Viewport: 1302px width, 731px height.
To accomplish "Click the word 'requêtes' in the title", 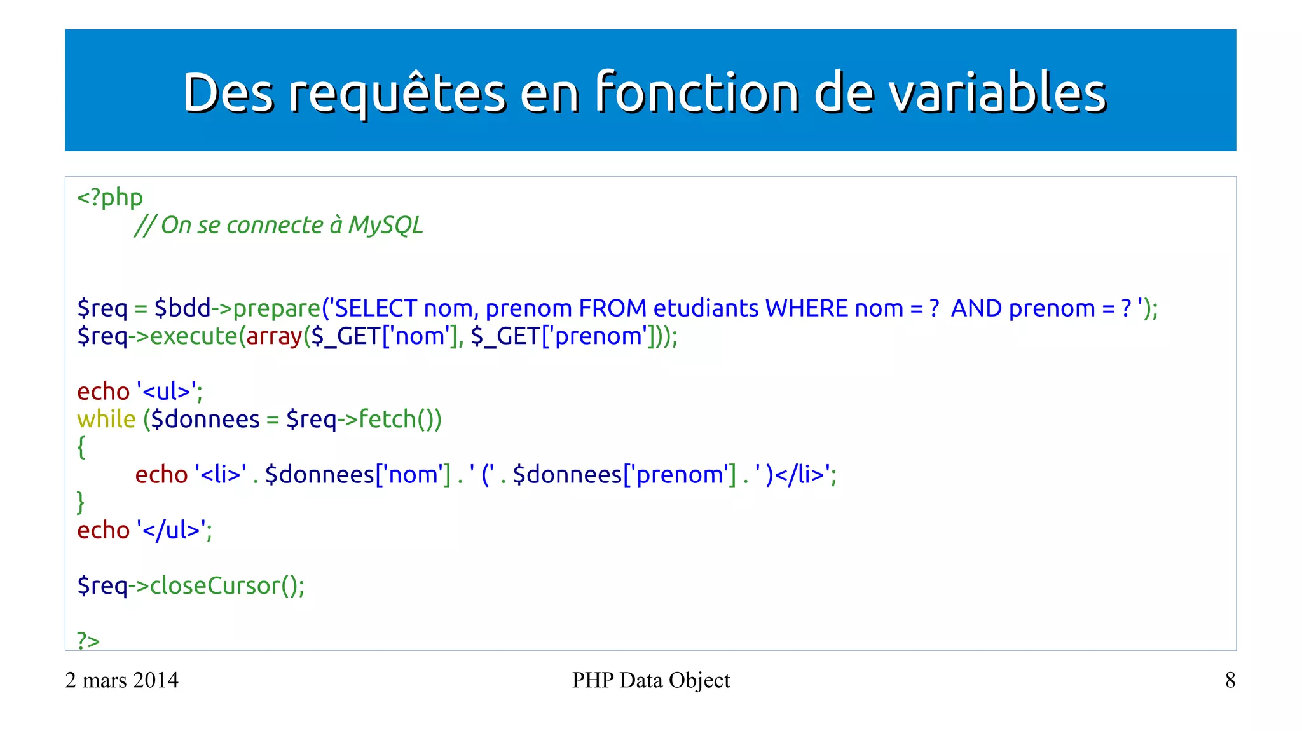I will (397, 93).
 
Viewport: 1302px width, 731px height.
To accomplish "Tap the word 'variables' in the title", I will (997, 93).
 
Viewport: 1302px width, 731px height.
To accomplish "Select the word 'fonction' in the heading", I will (697, 93).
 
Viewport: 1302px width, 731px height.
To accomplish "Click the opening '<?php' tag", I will (110, 198).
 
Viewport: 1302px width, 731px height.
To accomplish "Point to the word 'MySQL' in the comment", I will (385, 225).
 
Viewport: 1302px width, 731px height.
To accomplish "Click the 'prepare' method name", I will (277, 309).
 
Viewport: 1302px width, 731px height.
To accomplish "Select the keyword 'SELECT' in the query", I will (376, 308).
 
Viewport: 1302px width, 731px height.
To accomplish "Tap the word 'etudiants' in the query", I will (706, 308).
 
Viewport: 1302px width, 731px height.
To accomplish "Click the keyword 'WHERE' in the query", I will (807, 308).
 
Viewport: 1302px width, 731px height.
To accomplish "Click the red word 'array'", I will (274, 336).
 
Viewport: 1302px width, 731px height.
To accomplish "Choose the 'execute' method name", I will (194, 336).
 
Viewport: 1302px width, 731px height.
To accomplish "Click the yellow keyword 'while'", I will (106, 420).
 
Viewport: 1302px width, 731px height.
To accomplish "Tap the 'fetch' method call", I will (387, 420).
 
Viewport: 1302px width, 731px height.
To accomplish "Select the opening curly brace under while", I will (81, 447).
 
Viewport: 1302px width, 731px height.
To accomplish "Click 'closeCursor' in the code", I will (215, 585).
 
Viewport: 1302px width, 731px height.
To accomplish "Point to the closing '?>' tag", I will (88, 640).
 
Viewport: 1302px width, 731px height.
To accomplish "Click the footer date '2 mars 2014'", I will (122, 680).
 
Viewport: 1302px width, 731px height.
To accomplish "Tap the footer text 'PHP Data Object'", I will (651, 680).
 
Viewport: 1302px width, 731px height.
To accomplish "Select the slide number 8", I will (1230, 680).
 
